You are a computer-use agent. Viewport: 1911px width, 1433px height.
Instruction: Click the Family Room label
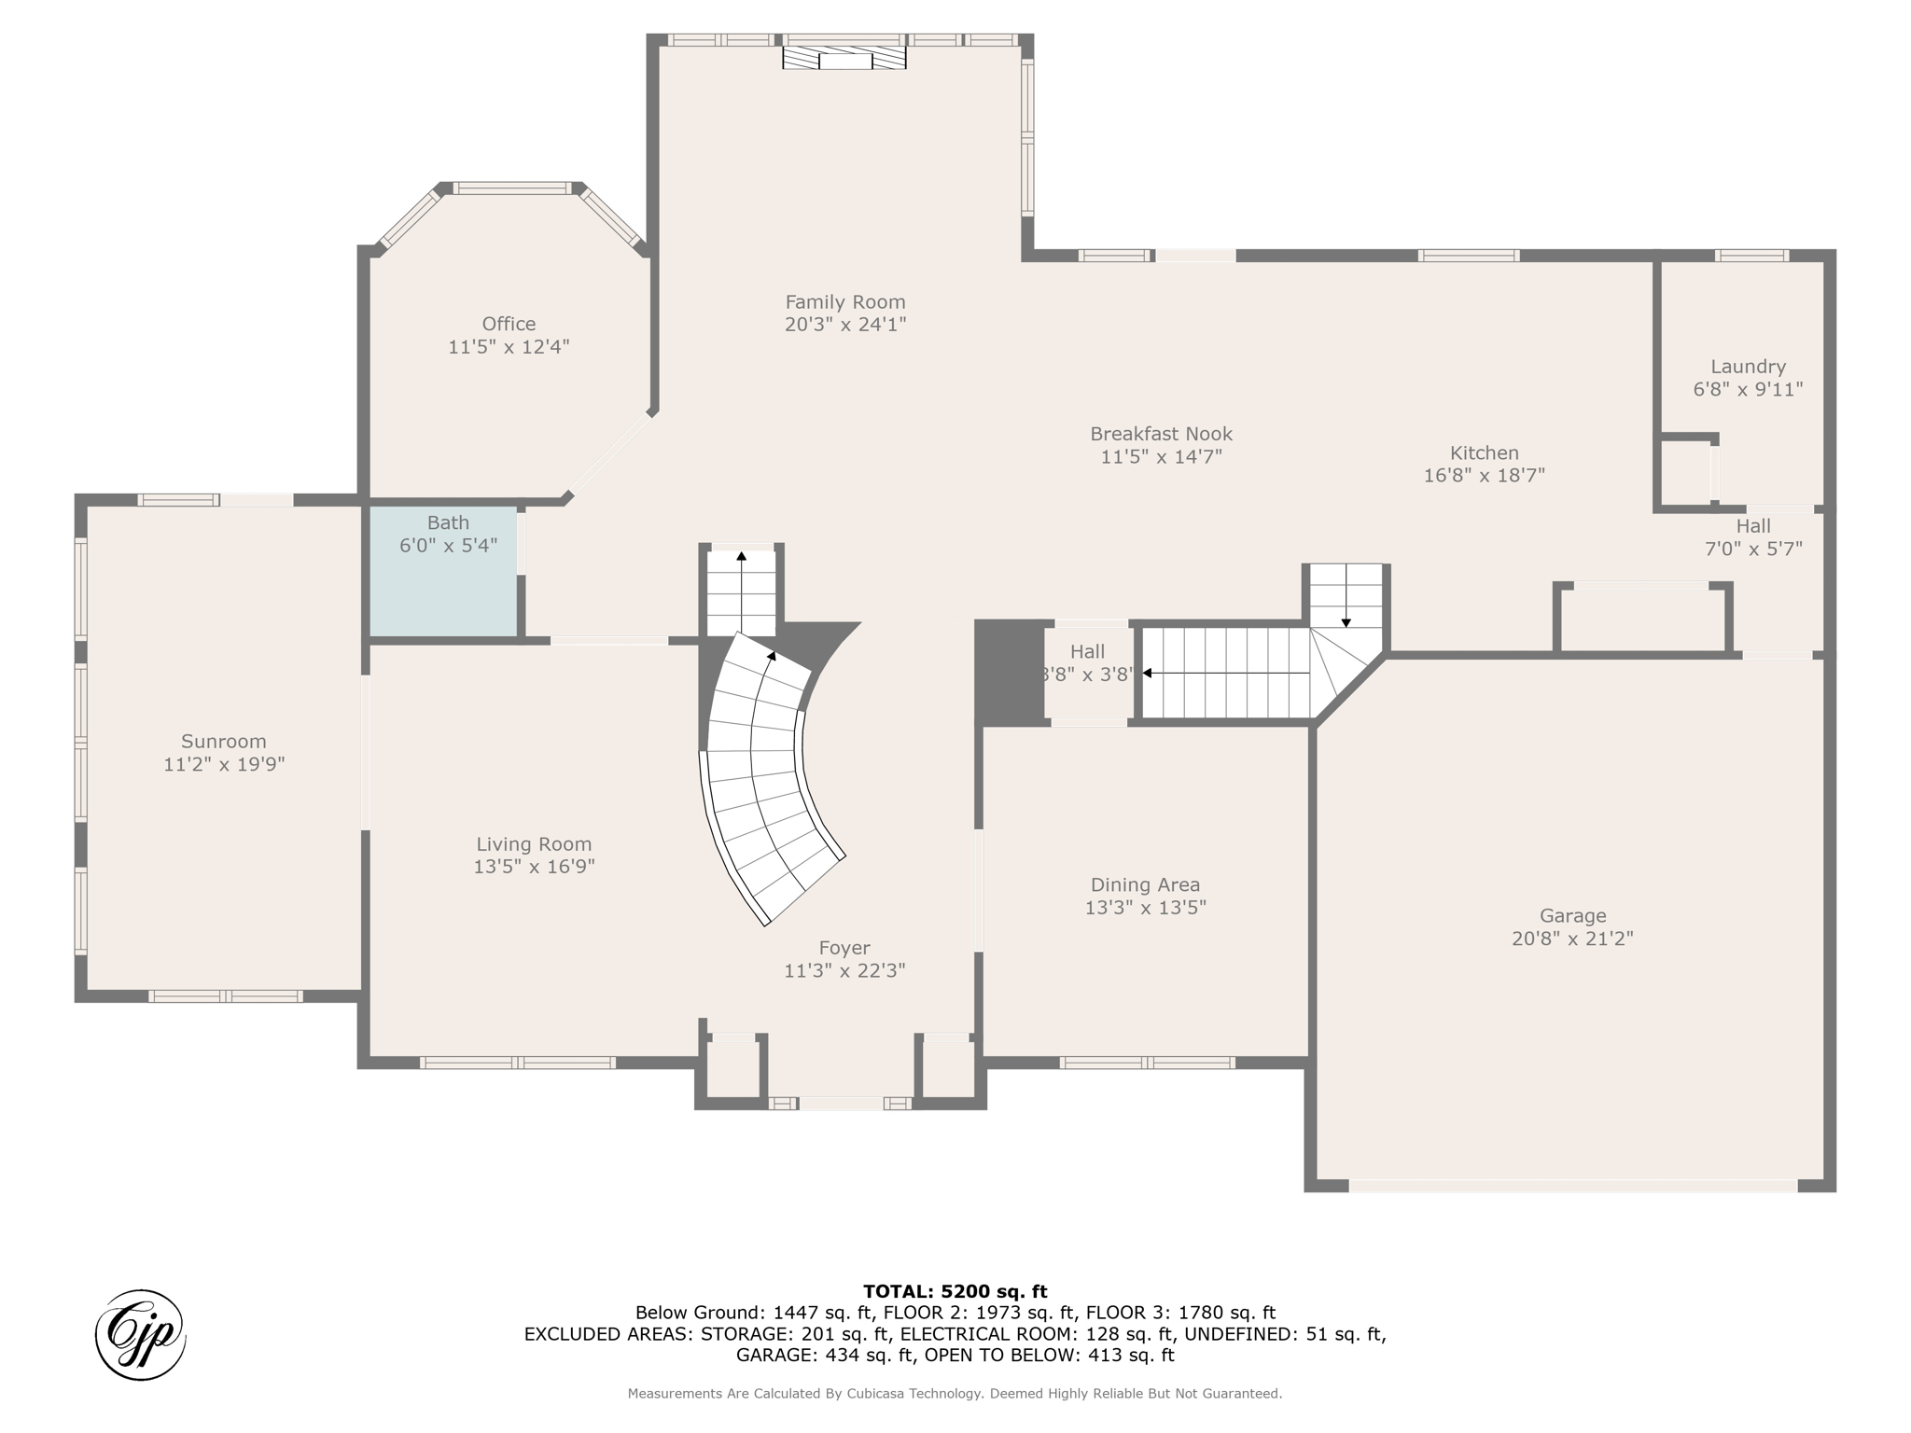(x=844, y=302)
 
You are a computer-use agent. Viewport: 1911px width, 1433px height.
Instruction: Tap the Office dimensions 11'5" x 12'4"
(x=509, y=347)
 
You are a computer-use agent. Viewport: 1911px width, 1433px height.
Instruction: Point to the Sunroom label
(x=223, y=742)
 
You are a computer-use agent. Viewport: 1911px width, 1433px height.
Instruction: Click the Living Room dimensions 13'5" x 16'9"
(x=534, y=867)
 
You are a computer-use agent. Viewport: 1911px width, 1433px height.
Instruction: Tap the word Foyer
(x=844, y=949)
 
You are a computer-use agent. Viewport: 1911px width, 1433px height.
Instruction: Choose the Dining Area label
(x=1145, y=884)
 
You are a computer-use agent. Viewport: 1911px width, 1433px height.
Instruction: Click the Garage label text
(x=1572, y=916)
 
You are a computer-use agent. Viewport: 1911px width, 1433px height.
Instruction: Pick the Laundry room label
(x=1747, y=367)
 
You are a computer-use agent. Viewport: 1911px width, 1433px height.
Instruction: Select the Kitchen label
(x=1484, y=453)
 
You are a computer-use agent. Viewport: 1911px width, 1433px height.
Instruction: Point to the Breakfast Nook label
(x=1161, y=434)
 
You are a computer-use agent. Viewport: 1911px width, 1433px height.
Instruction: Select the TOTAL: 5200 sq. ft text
(x=955, y=1291)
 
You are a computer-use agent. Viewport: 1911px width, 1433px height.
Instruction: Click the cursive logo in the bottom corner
(x=140, y=1335)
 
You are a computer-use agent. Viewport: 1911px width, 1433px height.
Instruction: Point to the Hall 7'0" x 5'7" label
(x=1752, y=537)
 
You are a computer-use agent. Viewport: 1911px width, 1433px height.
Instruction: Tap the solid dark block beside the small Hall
(x=1009, y=672)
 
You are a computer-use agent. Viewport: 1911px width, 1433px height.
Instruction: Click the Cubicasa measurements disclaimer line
(x=955, y=1394)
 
